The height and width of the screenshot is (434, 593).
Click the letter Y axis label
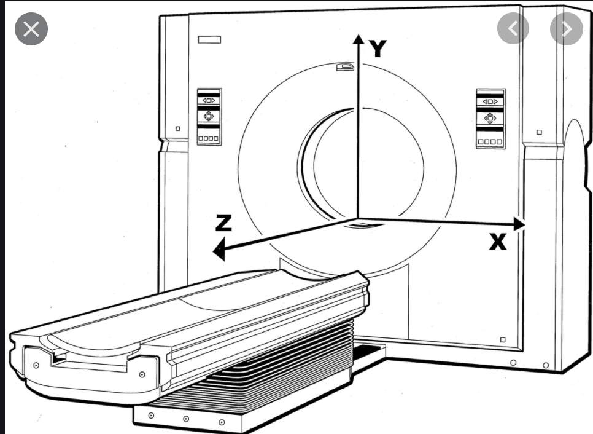click(378, 48)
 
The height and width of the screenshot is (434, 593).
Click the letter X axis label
click(498, 242)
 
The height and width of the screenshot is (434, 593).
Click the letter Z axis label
click(223, 223)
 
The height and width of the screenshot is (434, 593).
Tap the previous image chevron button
click(513, 28)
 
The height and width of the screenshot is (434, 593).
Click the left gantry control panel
click(209, 117)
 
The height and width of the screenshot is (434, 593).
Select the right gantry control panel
click(490, 119)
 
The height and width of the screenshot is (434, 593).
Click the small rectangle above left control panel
click(209, 40)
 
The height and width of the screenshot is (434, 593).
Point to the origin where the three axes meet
click(357, 218)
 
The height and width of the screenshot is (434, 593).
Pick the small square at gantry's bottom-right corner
click(503, 339)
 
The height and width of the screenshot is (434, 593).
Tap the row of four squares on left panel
click(209, 140)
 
